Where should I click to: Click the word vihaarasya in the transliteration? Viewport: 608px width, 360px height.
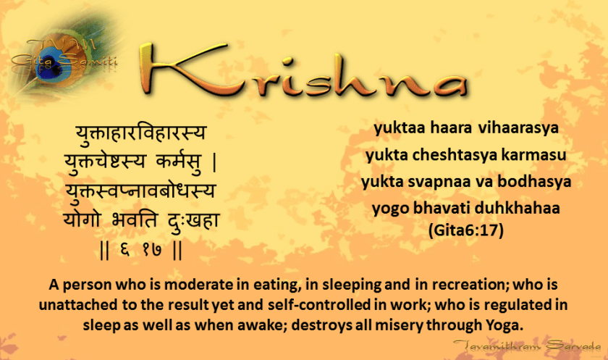pyautogui.click(x=518, y=128)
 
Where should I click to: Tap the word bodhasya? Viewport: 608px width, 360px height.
pyautogui.click(x=534, y=182)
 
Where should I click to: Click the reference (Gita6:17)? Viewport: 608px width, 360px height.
pyautogui.click(x=465, y=230)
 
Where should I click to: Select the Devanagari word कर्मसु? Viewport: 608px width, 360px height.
pyautogui.click(x=179, y=162)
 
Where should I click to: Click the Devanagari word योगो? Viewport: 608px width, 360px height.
pyautogui.click(x=82, y=219)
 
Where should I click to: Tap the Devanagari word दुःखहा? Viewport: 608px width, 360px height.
pyautogui.click(x=193, y=220)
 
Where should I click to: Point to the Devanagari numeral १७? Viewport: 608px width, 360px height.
pyautogui.click(x=151, y=250)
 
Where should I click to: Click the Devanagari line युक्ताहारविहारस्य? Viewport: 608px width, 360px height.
pyautogui.click(x=140, y=133)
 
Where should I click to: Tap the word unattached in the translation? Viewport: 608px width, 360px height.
pyautogui.click(x=79, y=305)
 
